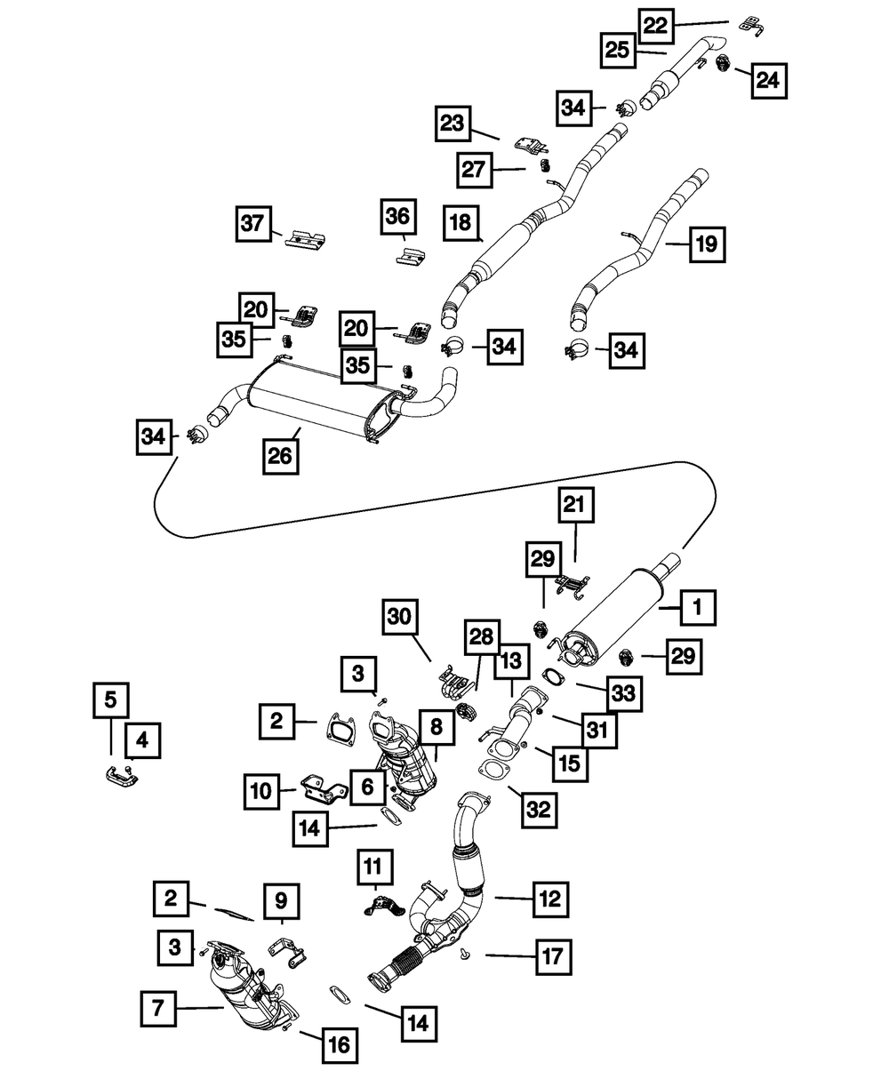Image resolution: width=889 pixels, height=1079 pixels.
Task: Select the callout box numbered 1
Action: (698, 609)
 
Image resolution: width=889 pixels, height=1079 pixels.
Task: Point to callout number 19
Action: (706, 244)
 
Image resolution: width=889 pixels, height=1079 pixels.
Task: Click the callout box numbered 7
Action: (159, 1008)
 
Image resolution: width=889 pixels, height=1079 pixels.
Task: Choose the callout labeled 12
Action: (549, 899)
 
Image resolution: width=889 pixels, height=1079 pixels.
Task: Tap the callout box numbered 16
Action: (340, 1045)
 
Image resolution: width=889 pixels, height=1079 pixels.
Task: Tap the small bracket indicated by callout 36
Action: (408, 256)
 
